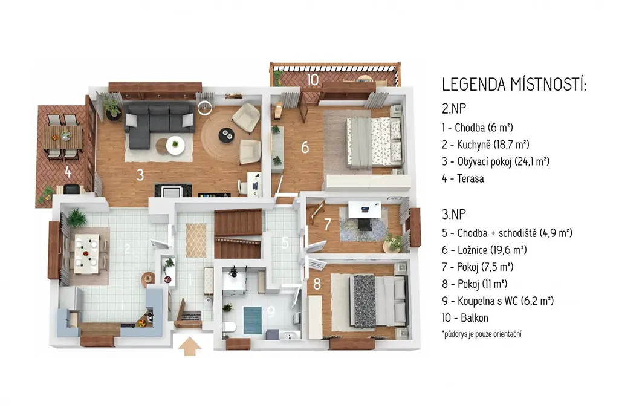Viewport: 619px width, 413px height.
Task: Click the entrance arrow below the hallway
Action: pos(190,346)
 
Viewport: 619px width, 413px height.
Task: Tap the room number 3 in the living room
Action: pos(140,175)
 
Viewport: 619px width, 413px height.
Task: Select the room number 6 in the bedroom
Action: pos(305,148)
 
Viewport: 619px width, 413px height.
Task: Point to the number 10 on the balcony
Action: pos(313,80)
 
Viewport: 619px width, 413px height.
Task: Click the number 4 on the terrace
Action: pos(68,172)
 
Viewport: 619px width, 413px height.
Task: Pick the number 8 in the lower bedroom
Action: pos(317,284)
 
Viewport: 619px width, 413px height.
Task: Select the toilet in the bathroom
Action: pos(229,327)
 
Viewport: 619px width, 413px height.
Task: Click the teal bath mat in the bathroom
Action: pos(252,319)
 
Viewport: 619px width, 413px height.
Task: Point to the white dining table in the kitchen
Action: pos(86,253)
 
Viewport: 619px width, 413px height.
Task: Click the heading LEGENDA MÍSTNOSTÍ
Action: pos(514,85)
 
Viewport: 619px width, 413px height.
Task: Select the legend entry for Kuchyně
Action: pos(485,145)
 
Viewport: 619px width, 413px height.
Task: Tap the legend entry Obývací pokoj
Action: pos(496,161)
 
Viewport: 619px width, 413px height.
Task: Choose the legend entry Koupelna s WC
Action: pos(497,301)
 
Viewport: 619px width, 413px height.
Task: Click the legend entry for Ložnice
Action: pos(484,250)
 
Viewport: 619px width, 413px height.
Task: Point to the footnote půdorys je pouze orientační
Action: pos(482,334)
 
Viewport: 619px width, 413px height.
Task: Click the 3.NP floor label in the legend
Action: pos(454,214)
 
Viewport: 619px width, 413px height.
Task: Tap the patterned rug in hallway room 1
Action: pos(196,240)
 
